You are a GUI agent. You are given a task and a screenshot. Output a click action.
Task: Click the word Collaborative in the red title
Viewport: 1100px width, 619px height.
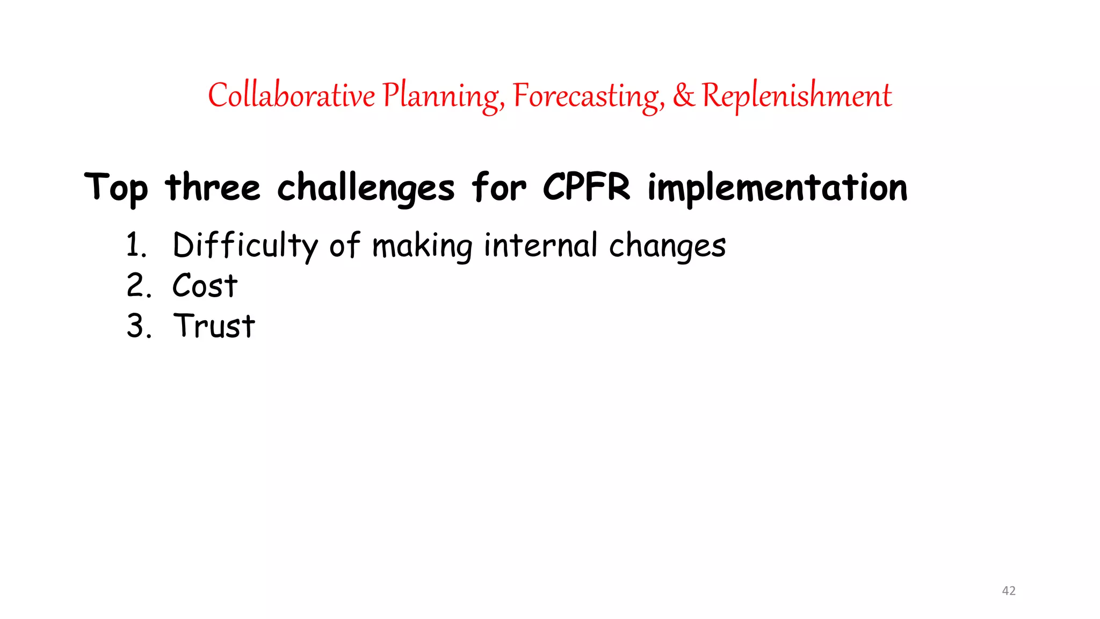point(291,96)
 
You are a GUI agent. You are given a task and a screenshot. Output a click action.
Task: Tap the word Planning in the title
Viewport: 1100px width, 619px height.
point(443,97)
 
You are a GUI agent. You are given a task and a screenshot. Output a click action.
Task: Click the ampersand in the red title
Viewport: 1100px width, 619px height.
point(683,96)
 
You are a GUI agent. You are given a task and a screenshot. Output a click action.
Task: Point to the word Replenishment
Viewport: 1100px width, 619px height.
point(797,96)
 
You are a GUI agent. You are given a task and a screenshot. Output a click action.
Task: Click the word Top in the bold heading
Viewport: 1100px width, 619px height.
point(116,188)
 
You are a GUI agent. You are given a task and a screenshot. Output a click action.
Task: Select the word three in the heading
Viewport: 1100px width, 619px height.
point(213,188)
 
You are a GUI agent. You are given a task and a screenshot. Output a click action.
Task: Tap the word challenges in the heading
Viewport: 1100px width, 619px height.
point(366,188)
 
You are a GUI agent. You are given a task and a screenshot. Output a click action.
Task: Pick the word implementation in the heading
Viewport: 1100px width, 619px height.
point(777,188)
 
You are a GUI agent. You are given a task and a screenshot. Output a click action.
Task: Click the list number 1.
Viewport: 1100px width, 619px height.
point(136,245)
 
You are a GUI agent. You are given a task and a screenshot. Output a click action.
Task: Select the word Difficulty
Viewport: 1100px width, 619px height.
point(245,246)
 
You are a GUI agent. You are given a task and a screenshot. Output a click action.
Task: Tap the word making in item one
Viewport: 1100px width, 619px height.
point(422,246)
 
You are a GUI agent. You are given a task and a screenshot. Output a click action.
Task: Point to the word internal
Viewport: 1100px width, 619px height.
point(540,245)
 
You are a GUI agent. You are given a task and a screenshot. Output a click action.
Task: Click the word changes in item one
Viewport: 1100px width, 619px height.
point(667,246)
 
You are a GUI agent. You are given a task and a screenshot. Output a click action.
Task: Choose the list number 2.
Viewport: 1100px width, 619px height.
point(138,285)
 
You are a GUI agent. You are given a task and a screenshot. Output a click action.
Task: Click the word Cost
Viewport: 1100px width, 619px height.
point(205,285)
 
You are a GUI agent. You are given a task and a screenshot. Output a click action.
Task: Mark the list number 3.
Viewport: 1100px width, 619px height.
point(138,326)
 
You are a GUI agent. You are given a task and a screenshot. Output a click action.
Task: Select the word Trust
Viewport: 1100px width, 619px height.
point(214,326)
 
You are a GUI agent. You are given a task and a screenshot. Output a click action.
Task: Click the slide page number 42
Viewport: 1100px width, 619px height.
point(1009,591)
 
